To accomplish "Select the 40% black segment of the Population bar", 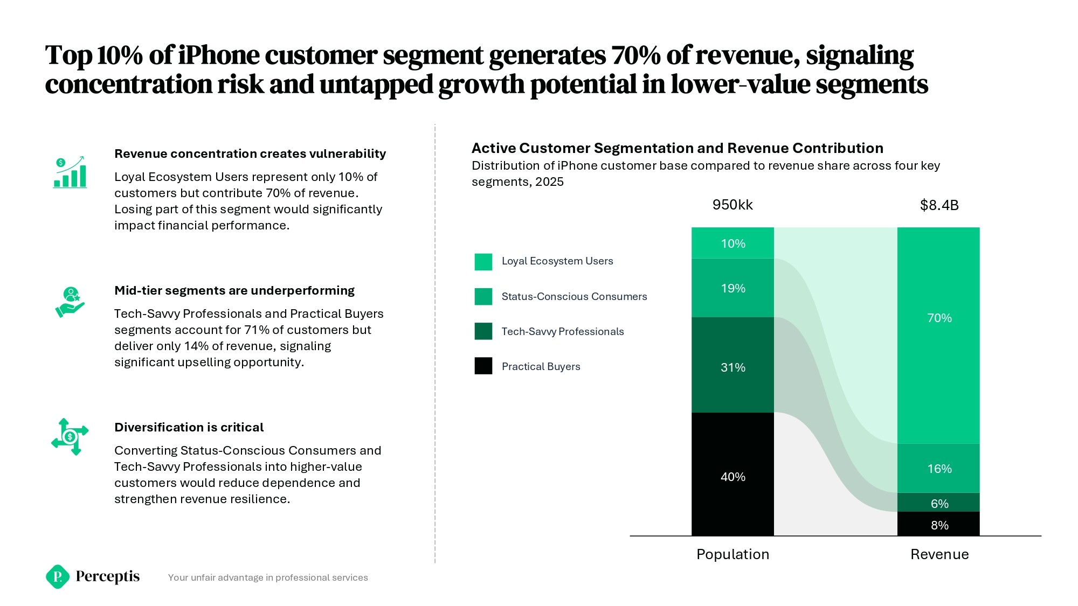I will click(733, 474).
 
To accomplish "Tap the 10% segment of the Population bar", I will click(733, 243).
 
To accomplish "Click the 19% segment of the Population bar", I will click(733, 288).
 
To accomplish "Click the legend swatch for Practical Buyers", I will click(483, 366).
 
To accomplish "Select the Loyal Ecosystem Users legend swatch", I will click(483, 262).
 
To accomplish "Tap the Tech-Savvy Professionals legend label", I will click(562, 331).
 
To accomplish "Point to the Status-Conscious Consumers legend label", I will click(574, 296).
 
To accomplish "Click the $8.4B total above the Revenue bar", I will click(939, 205).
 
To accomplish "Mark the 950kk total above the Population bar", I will click(733, 205).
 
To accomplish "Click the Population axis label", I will click(733, 554).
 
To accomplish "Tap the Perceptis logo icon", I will click(58, 576).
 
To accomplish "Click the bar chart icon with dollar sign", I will click(70, 172).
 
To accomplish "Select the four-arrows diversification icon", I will click(70, 436).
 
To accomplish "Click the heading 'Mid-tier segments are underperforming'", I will click(234, 290).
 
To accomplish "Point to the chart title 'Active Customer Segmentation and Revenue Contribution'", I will click(678, 148).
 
